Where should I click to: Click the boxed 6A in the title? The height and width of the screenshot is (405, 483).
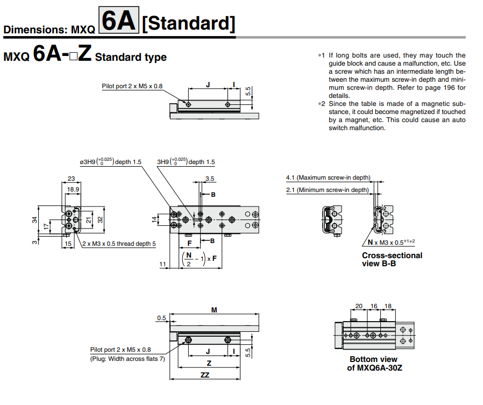(118, 22)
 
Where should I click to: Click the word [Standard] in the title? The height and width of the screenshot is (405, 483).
(189, 24)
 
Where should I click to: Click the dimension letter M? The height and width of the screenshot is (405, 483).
(214, 310)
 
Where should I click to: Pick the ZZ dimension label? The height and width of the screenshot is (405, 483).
(205, 375)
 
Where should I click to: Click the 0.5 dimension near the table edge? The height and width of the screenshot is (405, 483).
(161, 318)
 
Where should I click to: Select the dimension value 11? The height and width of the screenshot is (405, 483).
(162, 264)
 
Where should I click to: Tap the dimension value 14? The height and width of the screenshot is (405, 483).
(154, 219)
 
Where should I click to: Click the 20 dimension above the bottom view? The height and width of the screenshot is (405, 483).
(359, 306)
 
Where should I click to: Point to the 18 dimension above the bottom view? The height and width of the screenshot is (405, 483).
(387, 306)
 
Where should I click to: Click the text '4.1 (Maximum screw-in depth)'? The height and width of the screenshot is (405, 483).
(328, 177)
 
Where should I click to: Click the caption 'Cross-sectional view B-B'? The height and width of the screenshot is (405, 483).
(392, 259)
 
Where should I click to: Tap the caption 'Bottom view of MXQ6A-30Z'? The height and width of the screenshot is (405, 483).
(374, 364)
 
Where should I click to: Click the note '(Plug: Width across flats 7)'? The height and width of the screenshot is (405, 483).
(127, 359)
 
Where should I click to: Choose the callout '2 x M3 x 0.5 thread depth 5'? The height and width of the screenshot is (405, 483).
(119, 244)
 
